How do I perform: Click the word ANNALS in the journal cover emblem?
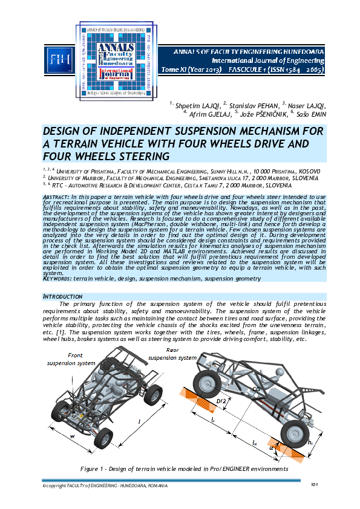98,50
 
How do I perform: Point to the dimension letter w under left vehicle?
71,434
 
